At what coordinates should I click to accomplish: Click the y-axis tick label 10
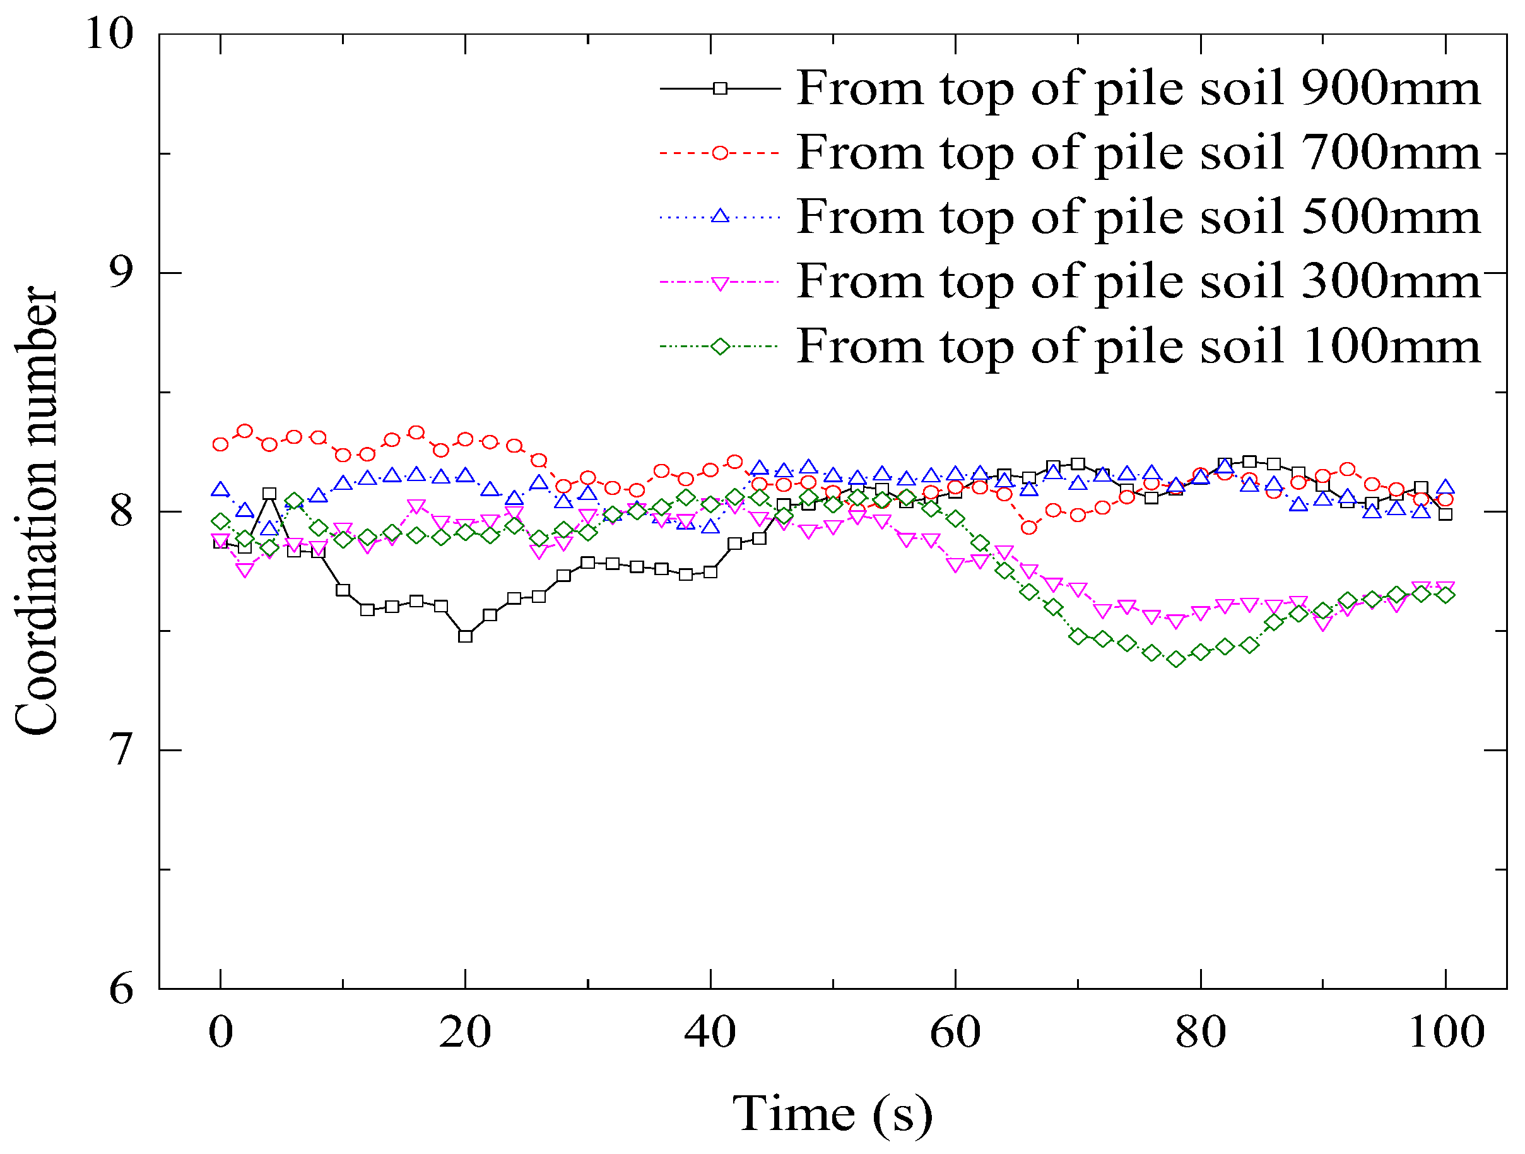tap(109, 32)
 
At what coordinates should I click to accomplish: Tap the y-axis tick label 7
tap(121, 750)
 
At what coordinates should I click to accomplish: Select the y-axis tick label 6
tap(121, 989)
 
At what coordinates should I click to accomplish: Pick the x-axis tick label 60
tap(955, 1033)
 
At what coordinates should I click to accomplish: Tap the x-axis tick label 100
tap(1445, 1033)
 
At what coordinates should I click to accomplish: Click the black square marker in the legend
tap(720, 88)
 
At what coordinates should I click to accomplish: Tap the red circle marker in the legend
tap(720, 152)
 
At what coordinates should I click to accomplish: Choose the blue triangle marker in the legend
tap(720, 217)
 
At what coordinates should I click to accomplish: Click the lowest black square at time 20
tap(466, 636)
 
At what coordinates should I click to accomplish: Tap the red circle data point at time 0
tap(221, 444)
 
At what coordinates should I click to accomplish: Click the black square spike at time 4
tap(269, 494)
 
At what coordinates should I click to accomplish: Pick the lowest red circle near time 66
tap(1028, 528)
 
